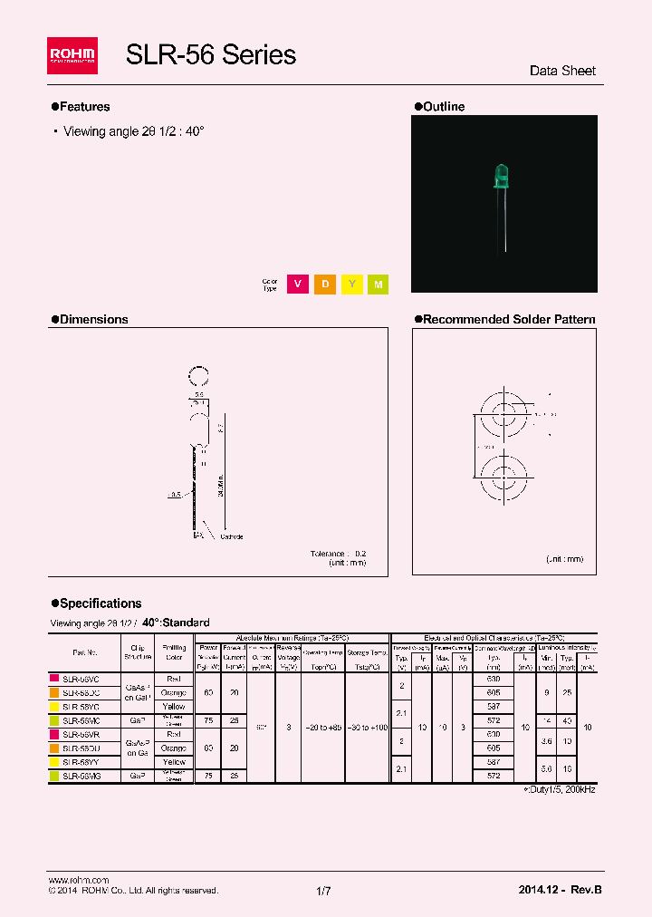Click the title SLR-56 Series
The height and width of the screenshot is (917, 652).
coord(210,54)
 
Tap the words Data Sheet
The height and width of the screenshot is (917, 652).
coord(561,71)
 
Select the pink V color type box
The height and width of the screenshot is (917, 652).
coord(296,285)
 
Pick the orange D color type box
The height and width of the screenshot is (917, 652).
coord(324,285)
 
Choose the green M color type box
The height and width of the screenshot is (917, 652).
coord(379,285)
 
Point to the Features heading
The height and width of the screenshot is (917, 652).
coord(84,107)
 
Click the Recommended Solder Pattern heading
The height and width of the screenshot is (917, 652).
coord(509,319)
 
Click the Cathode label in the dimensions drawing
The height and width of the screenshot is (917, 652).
coord(232,536)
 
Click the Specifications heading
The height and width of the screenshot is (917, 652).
coord(100,603)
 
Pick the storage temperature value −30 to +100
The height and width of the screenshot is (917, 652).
coord(367,728)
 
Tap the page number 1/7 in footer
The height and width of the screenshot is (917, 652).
coord(324,891)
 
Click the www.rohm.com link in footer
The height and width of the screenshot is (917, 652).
coord(78,880)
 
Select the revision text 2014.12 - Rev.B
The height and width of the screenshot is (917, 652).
coord(560,890)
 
